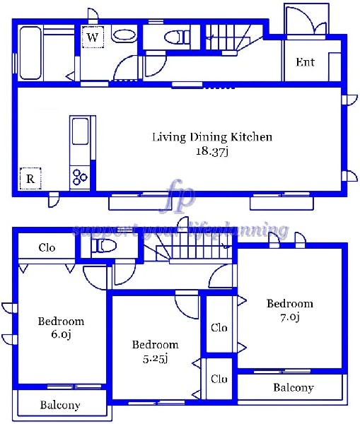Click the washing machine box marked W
93,37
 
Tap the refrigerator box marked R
30,179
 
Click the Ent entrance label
305,62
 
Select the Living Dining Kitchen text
212,137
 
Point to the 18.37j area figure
212,151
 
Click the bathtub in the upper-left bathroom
30,53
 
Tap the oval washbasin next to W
124,35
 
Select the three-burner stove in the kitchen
80,177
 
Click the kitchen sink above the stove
80,131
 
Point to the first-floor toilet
177,37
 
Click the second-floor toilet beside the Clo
104,246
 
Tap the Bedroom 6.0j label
61,328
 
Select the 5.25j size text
156,358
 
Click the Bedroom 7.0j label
289,310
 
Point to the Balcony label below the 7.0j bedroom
294,388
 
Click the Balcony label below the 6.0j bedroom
60,405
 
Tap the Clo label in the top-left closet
47,247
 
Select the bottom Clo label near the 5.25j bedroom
219,379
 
